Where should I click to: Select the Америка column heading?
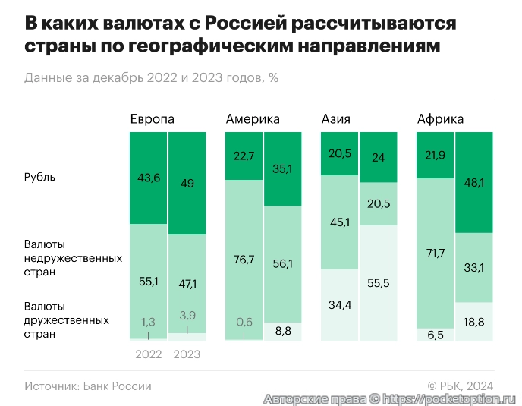coord(253,119)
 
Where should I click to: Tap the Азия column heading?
coord(336,119)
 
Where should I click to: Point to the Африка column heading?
coord(440,119)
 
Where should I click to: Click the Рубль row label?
coord(39,177)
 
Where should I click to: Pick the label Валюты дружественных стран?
coord(66,319)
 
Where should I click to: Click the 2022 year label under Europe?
coord(148,354)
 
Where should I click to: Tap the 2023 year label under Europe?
coord(187,354)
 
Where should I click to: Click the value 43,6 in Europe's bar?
coord(148,177)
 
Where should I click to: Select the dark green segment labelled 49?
coord(187,183)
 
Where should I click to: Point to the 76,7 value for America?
coord(244,259)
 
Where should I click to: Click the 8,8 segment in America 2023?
coord(283,331)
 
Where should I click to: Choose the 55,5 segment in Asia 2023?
coord(379,282)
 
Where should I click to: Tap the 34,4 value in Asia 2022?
coord(340,305)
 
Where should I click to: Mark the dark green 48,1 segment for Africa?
coord(474,182)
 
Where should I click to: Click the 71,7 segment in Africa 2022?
coord(436,253)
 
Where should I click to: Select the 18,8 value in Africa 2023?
coord(474,321)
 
